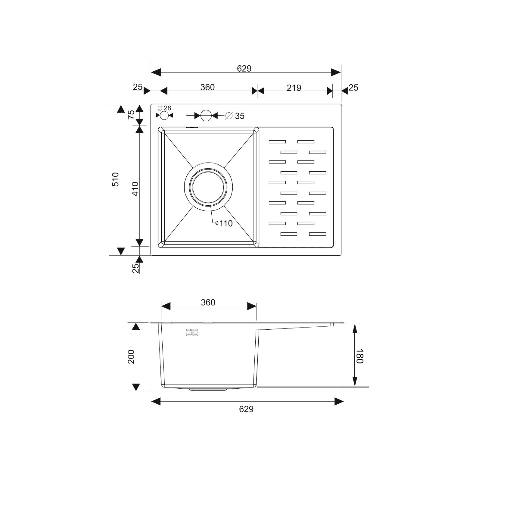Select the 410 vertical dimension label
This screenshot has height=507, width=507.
(135, 189)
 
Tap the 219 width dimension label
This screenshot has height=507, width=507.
(294, 88)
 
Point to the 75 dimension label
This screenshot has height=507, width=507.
(132, 115)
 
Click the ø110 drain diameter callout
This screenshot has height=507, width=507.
(224, 223)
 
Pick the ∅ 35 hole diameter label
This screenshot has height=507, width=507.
(235, 116)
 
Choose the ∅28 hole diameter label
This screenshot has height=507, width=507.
(164, 108)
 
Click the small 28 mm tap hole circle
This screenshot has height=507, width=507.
(164, 115)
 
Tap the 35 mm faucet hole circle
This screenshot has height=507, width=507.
(206, 115)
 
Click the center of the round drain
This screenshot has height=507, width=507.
(208, 187)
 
